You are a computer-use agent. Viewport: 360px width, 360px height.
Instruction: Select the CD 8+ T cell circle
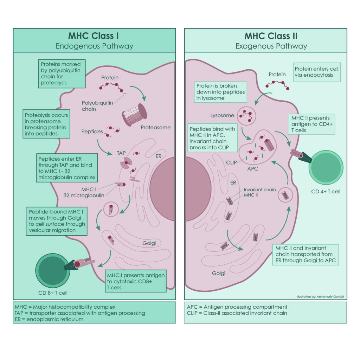[x=53, y=269]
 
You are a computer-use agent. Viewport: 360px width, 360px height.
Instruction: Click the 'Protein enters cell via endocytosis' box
[x=316, y=72]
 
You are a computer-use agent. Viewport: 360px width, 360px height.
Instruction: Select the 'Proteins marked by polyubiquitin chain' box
[x=61, y=73]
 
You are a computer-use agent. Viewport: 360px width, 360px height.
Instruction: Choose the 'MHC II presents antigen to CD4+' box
[x=311, y=124]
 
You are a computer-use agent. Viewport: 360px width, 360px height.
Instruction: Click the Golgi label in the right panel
[x=218, y=273]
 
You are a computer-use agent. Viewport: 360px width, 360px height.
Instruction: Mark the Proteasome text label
[x=155, y=128]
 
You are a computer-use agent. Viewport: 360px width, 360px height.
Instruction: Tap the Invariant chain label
[x=260, y=190]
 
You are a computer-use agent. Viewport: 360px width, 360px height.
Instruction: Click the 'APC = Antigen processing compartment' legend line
[x=237, y=307]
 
